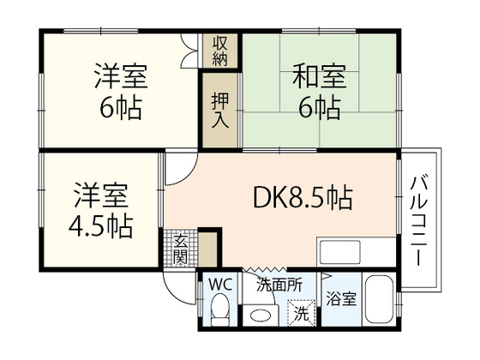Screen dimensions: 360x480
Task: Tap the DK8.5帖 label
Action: (303, 199)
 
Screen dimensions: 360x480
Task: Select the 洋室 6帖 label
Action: (121, 93)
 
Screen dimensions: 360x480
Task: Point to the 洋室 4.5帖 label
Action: (101, 208)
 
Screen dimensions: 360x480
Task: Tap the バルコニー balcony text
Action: (420, 219)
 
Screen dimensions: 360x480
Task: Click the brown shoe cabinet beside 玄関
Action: (207, 249)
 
